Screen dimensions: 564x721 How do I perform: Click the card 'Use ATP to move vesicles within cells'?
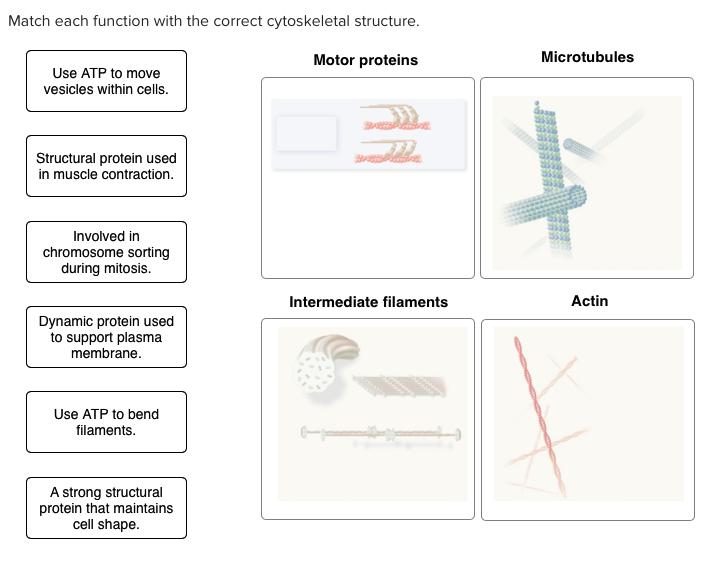106,81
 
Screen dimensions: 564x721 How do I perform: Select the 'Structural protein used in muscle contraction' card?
106,166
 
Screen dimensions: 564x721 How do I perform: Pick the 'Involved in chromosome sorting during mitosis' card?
106,252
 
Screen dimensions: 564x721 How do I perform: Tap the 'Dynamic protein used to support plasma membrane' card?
106,337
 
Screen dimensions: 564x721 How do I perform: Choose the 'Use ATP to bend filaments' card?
106,422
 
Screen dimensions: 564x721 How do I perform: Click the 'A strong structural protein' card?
106,508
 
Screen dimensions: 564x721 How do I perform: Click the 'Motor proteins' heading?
365,60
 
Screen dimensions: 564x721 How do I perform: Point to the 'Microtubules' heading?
587,57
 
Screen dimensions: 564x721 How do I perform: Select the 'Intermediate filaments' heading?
368,301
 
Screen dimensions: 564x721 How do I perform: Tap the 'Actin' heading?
589,300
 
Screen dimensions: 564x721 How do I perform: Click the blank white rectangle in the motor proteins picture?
306,134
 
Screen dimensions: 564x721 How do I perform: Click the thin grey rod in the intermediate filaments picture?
380,433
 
